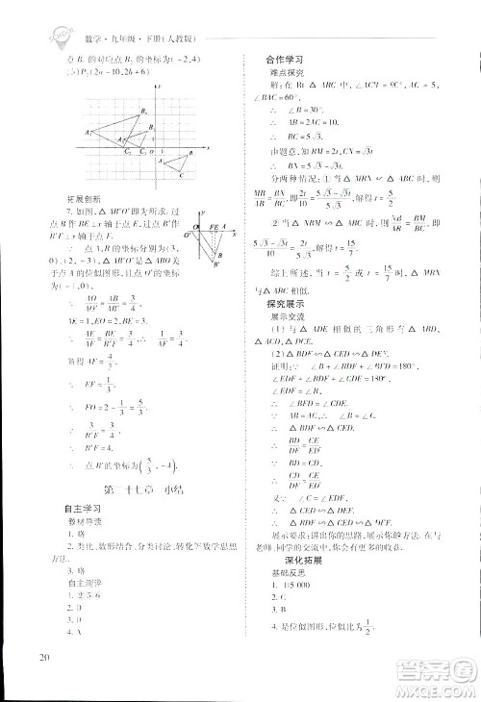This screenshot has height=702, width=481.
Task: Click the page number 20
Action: (x=44, y=657)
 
